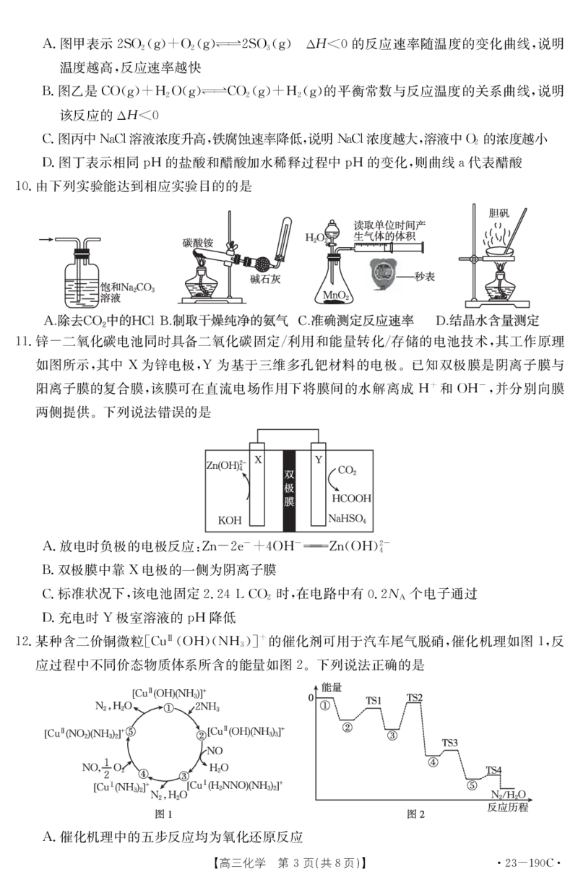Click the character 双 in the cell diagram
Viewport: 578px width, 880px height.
click(289, 475)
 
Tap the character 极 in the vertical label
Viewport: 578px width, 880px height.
click(289, 488)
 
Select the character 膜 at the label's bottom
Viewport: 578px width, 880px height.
click(289, 501)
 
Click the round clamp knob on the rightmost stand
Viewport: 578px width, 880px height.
click(474, 259)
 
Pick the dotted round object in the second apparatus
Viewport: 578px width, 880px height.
click(261, 267)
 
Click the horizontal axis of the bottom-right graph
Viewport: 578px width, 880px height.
click(405, 800)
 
